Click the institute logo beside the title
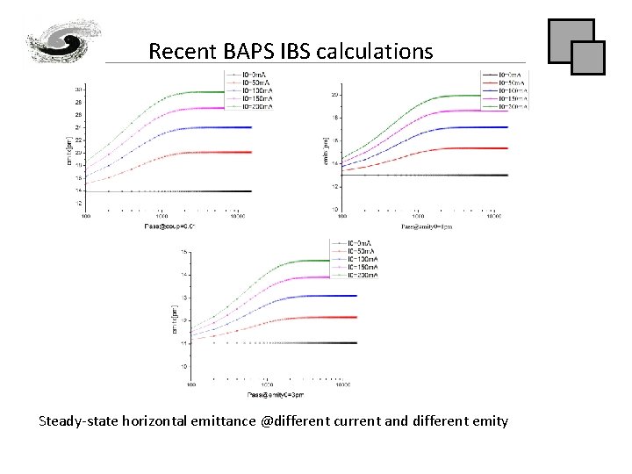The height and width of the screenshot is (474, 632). pos(57,41)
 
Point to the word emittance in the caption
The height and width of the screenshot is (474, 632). pos(221,420)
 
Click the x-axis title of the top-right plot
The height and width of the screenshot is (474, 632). pos(427,226)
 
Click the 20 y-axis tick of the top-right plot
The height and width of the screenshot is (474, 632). pos(334,95)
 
